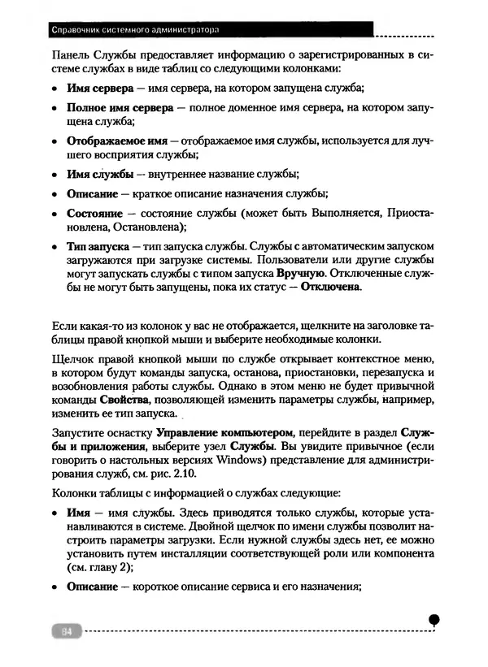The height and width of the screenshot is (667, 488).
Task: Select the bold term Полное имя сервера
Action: click(119, 108)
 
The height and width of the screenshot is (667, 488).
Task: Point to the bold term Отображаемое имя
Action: click(116, 141)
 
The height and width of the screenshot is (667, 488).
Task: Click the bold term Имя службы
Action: click(101, 174)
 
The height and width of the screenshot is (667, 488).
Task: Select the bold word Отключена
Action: click(330, 287)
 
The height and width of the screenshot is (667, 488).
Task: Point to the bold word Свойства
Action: click(124, 401)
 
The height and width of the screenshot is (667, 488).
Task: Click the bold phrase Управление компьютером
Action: click(224, 434)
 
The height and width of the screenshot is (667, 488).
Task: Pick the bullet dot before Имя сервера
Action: click(54, 88)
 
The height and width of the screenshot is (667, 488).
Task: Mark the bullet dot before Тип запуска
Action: click(54, 246)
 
